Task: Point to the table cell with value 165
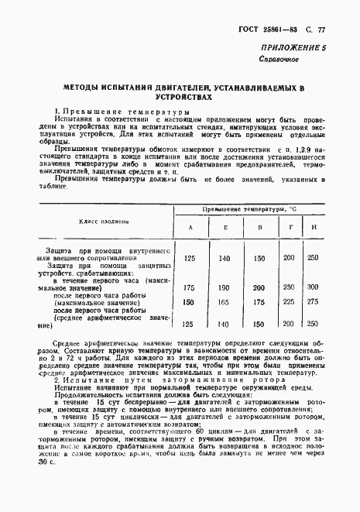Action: coord(225,302)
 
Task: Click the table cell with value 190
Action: coord(225,287)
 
